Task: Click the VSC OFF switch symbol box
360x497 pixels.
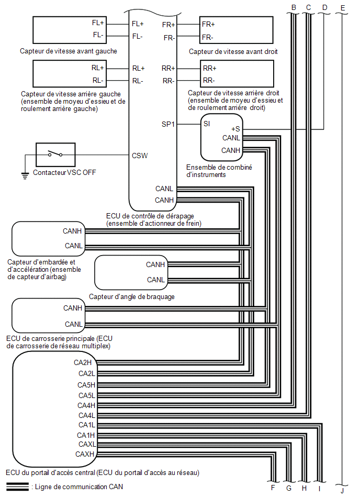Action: click(x=55, y=154)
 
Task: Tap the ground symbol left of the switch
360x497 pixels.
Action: click(x=25, y=175)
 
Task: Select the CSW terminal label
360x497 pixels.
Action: click(x=140, y=156)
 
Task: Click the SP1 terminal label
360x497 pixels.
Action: click(x=168, y=124)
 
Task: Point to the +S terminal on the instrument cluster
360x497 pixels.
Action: click(x=235, y=129)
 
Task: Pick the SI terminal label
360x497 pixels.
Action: click(x=207, y=124)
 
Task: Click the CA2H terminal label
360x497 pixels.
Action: click(x=83, y=362)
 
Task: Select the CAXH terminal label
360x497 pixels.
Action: click(x=85, y=454)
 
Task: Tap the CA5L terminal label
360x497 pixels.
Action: click(x=87, y=395)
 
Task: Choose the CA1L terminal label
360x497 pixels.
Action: click(x=87, y=425)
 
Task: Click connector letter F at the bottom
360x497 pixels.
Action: click(x=273, y=488)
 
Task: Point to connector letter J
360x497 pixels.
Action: click(x=342, y=491)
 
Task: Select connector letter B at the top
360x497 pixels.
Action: click(x=294, y=8)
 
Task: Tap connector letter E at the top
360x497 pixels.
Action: click(x=343, y=8)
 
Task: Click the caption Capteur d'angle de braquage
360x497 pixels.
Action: click(x=132, y=297)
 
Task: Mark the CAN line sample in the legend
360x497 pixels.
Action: click(x=17, y=487)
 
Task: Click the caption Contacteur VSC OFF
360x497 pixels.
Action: click(x=64, y=172)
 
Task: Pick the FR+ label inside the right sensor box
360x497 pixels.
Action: click(x=208, y=24)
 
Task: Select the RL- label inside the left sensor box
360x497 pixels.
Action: click(x=98, y=81)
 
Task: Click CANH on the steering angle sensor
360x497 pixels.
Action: click(x=155, y=264)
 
